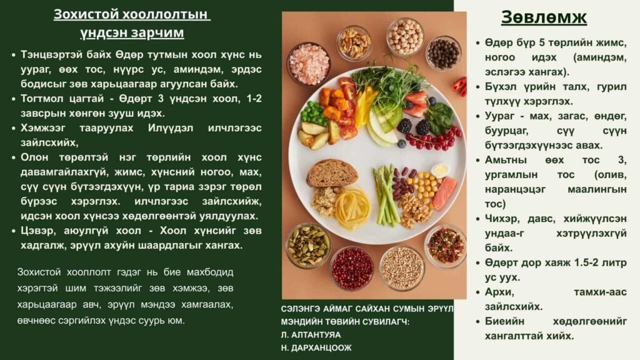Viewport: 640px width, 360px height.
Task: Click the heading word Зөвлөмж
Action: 544,17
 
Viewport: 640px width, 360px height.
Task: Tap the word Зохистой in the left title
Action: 86,14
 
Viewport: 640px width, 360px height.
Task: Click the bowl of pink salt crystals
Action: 308,63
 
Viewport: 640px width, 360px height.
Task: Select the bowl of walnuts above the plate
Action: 354,42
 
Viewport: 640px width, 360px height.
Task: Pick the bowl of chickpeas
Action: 405,36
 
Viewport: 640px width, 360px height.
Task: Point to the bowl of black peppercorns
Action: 443,54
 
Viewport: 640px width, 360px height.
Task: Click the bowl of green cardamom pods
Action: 308,245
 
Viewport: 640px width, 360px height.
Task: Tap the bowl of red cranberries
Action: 352,267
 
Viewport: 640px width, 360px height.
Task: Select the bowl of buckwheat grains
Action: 402,267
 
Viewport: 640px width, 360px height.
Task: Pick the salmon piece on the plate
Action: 444,192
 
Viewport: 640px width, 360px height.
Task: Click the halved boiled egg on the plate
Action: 440,170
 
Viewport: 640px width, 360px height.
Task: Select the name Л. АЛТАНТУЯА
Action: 311,335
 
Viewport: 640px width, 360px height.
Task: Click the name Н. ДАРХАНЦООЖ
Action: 316,347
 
